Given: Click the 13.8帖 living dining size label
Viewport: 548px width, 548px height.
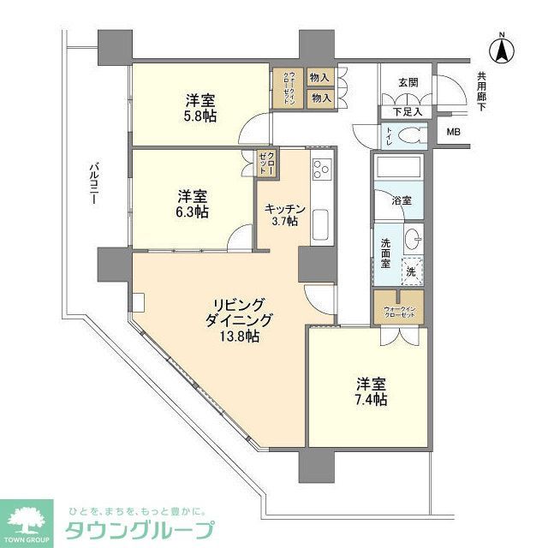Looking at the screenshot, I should pyautogui.click(x=241, y=337).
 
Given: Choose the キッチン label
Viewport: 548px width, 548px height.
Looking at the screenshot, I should pyautogui.click(x=281, y=208).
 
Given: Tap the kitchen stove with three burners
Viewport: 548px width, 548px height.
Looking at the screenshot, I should pyautogui.click(x=321, y=170).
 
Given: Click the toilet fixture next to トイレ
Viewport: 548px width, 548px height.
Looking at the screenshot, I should pyautogui.click(x=412, y=134).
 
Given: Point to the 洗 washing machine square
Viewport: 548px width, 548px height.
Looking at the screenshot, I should pyautogui.click(x=412, y=271).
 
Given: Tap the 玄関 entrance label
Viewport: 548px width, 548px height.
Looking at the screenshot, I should pyautogui.click(x=408, y=83).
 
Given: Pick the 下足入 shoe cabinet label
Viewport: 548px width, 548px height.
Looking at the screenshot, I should pyautogui.click(x=408, y=111).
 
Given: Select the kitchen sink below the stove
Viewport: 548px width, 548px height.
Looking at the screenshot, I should pyautogui.click(x=321, y=225).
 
